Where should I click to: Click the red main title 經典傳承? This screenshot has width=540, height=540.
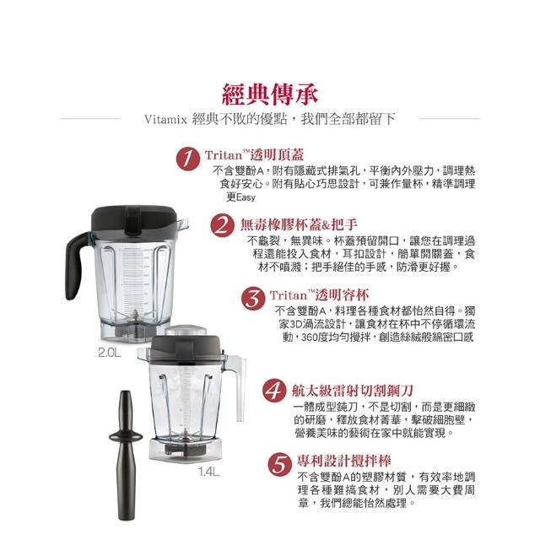270,94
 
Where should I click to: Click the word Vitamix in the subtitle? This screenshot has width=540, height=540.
165,120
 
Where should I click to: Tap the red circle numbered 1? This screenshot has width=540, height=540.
187,159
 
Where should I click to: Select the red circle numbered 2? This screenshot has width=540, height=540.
222,225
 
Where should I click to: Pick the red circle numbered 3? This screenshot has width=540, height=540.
253,298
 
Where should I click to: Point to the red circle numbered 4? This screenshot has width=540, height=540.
274,391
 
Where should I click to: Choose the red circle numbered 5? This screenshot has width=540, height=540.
279,464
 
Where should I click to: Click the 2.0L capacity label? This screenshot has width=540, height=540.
110,353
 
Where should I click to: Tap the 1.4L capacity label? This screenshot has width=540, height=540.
208,472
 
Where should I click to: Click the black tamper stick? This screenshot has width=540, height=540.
126,455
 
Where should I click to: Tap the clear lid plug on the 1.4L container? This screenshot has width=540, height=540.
186,330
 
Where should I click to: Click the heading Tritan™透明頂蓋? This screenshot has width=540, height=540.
254,155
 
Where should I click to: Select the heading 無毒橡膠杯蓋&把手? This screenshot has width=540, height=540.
299,225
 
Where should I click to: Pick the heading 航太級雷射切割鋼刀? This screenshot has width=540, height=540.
352,390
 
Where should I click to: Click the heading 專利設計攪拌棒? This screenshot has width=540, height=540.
343,461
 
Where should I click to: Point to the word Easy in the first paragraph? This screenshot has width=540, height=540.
246,197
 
